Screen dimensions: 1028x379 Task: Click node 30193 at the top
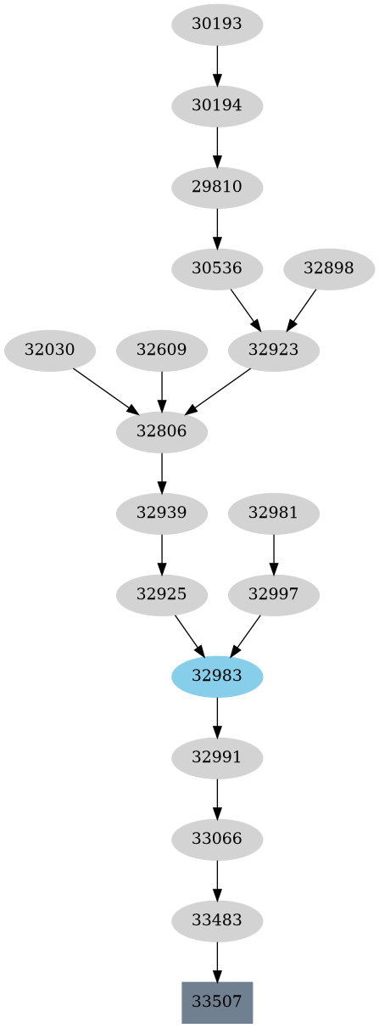coord(217,25)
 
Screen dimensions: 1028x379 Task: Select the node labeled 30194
coord(217,106)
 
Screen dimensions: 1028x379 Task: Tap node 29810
coord(217,187)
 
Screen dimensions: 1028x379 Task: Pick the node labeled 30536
coord(217,268)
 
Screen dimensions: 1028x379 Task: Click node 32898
coord(328,268)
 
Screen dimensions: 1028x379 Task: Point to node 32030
coord(50,350)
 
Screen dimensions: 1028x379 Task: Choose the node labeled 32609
coord(162,350)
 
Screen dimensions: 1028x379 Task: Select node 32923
coord(274,350)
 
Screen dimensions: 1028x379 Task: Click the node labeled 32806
coord(162,431)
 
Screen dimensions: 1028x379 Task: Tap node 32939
coord(162,513)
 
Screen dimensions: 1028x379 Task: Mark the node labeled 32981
coord(274,513)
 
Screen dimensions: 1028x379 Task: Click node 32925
coord(162,594)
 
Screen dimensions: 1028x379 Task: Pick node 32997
coord(274,594)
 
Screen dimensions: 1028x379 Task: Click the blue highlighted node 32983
coord(217,676)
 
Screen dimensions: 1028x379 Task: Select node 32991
coord(217,757)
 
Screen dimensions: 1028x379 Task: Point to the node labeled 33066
coord(217,839)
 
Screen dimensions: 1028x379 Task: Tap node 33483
coord(217,920)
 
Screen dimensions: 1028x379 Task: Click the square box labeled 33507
coord(217,1002)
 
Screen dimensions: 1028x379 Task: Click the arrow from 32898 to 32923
coord(302,309)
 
